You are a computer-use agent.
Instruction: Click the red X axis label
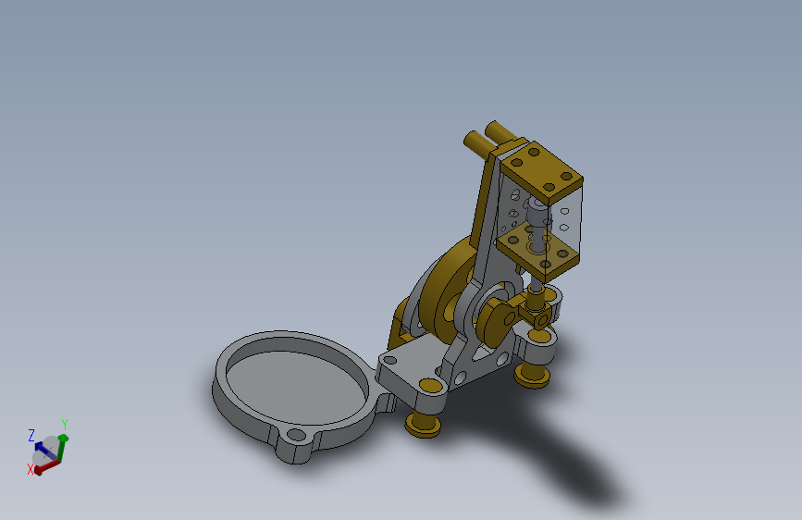pos(31,470)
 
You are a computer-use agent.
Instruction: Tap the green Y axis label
pos(65,425)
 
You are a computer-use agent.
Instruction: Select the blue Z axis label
pos(31,434)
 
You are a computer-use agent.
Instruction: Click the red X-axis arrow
pos(45,464)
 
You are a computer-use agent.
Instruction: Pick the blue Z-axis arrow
pos(40,447)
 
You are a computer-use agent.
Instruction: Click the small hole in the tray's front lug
pos(296,434)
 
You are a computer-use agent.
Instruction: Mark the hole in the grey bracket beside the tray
pos(390,359)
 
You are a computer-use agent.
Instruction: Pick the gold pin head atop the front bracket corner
pos(430,384)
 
